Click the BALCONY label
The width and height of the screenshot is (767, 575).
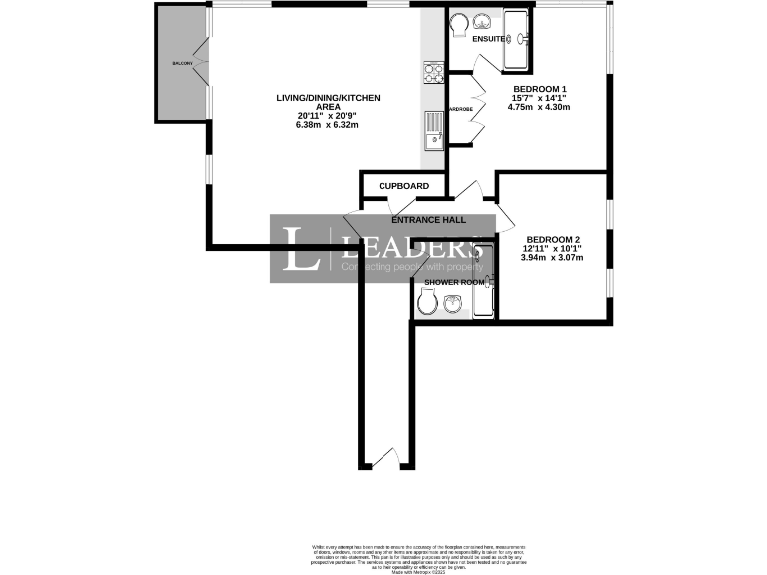point(181,63)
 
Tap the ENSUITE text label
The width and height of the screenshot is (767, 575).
point(488,40)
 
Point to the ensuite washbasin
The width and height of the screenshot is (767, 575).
point(484,21)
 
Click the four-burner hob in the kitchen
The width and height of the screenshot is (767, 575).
point(434,73)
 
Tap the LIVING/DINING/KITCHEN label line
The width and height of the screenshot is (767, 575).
point(328,97)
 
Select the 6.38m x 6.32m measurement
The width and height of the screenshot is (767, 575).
point(328,125)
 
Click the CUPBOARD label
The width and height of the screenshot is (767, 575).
point(404,186)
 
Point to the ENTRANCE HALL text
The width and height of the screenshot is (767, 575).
point(429,220)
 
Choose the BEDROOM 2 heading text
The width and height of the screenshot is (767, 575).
point(552,239)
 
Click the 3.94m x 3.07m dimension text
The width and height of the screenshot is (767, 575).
point(552,258)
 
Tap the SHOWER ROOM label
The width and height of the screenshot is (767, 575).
point(454,283)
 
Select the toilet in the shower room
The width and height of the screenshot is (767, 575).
point(427,308)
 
